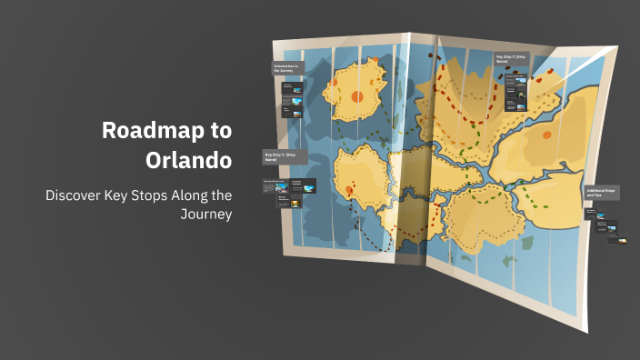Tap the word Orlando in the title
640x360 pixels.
pyautogui.click(x=188, y=160)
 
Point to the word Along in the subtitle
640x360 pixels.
pyautogui.click(x=183, y=195)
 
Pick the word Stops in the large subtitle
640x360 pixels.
pyautogui.click(x=140, y=195)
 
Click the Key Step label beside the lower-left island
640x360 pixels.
pyautogui.click(x=285, y=156)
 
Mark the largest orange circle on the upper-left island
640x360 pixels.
pyautogui.click(x=356, y=96)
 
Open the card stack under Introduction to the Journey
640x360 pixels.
pyautogui.click(x=290, y=100)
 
